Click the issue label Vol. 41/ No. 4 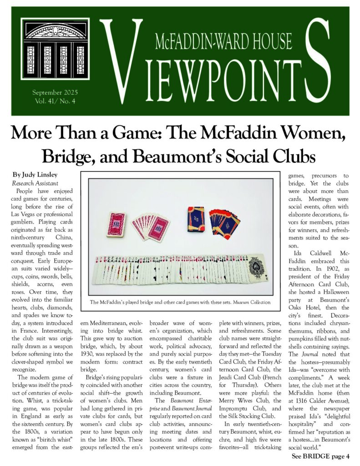point(54,101)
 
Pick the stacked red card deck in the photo point(116,223)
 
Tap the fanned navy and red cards point(225,222)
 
